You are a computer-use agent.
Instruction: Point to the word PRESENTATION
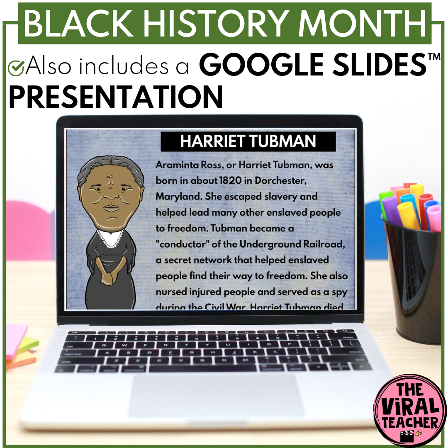point(116,97)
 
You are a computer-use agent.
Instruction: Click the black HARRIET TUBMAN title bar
point(248,141)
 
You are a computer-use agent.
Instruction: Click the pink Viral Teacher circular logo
point(410,411)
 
